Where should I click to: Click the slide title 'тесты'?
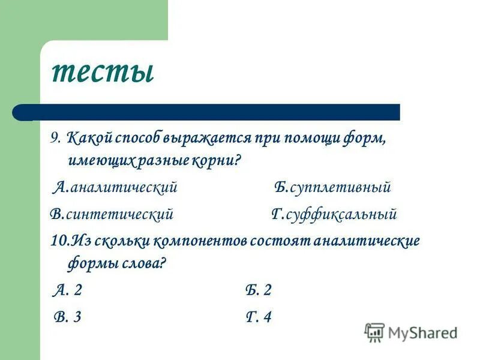point(103,72)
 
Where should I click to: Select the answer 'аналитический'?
point(124,188)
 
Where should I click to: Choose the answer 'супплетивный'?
point(340,188)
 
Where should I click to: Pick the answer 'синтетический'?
point(120,214)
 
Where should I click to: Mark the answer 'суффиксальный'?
point(343,214)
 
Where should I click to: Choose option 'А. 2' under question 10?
point(68,291)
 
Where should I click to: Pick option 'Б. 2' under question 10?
point(259,291)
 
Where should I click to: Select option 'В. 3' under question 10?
point(67,317)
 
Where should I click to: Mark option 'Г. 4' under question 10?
point(259,317)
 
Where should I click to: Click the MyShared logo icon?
point(374,332)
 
